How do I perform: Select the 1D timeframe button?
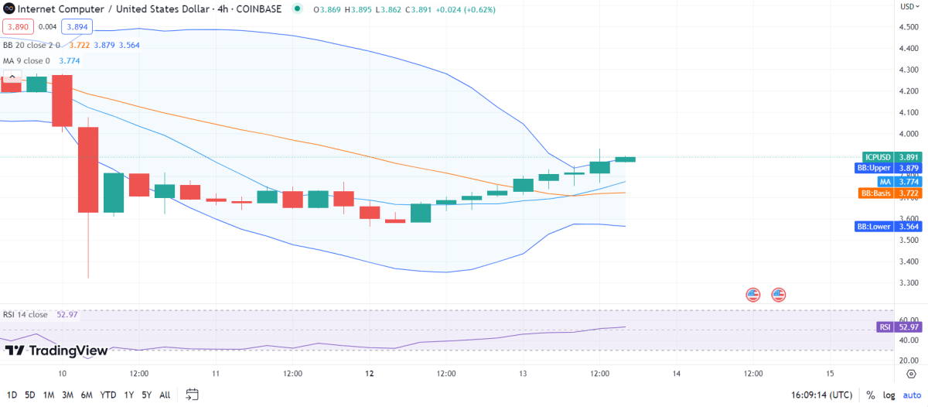coord(12,395)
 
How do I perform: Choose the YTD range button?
coord(107,395)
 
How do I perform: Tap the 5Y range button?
coord(146,395)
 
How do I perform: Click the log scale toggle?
coord(889,395)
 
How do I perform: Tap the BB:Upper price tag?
coord(892,168)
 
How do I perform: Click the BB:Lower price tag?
coord(892,226)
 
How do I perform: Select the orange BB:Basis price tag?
coord(892,193)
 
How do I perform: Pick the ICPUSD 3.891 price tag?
coord(892,156)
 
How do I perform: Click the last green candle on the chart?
coord(625,159)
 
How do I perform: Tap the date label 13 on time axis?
coord(523,373)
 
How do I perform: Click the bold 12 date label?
coord(370,373)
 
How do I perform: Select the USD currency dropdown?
coord(907,7)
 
